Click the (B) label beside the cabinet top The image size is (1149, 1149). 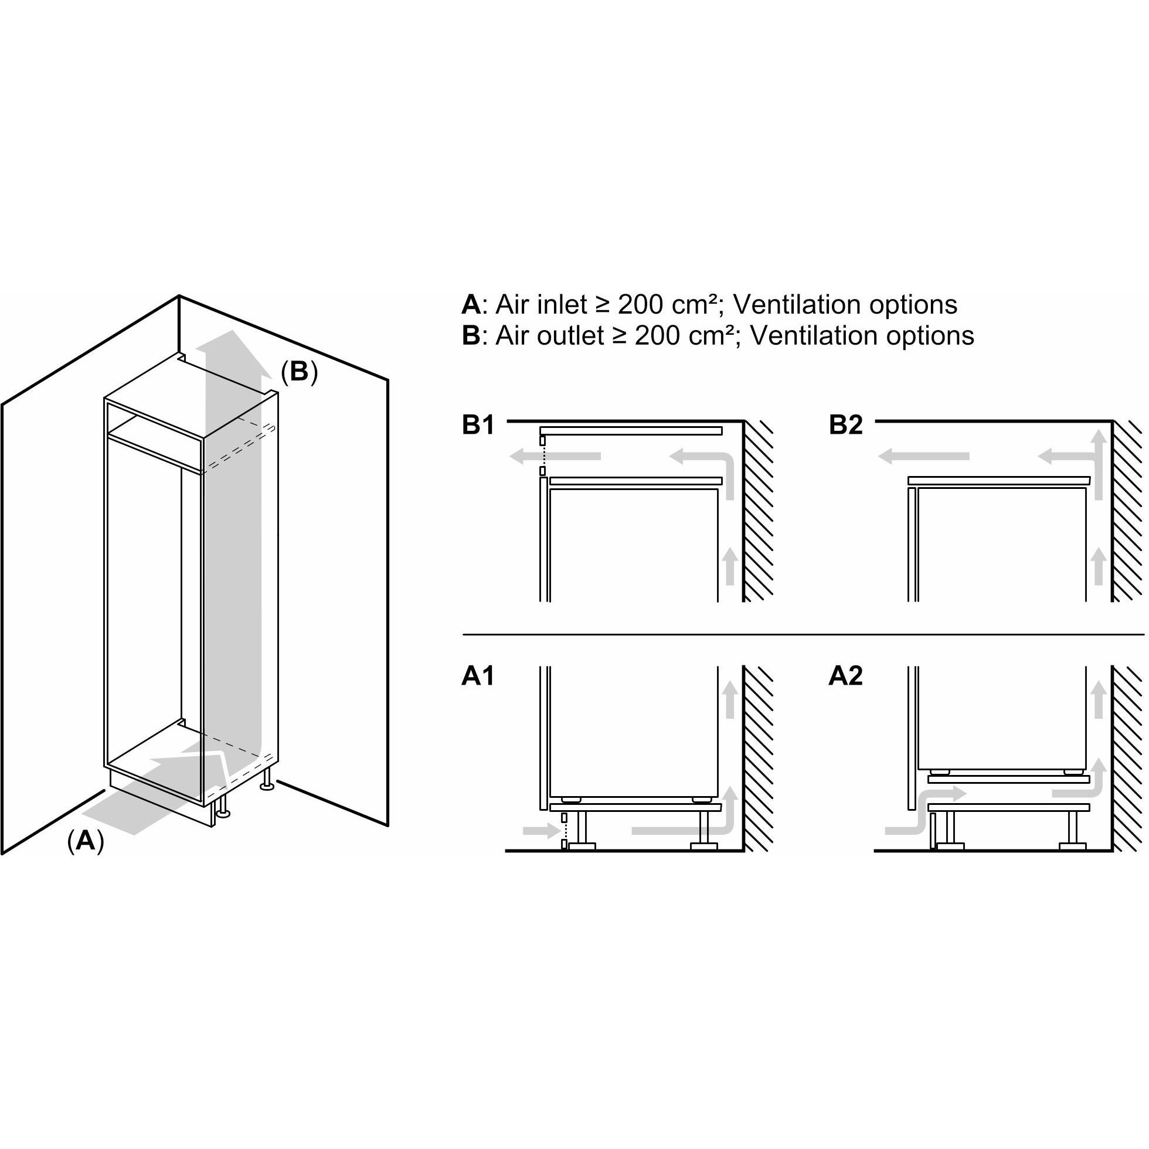click(299, 372)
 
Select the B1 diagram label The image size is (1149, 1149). click(478, 425)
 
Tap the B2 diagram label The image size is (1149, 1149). click(846, 425)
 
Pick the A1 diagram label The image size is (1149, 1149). click(478, 676)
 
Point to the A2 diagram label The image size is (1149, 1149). click(846, 676)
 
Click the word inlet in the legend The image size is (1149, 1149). click(562, 304)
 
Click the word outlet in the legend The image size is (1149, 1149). click(570, 335)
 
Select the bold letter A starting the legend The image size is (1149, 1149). click(470, 304)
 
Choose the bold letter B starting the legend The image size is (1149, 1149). click(470, 335)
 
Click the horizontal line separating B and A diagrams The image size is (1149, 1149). click(803, 634)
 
